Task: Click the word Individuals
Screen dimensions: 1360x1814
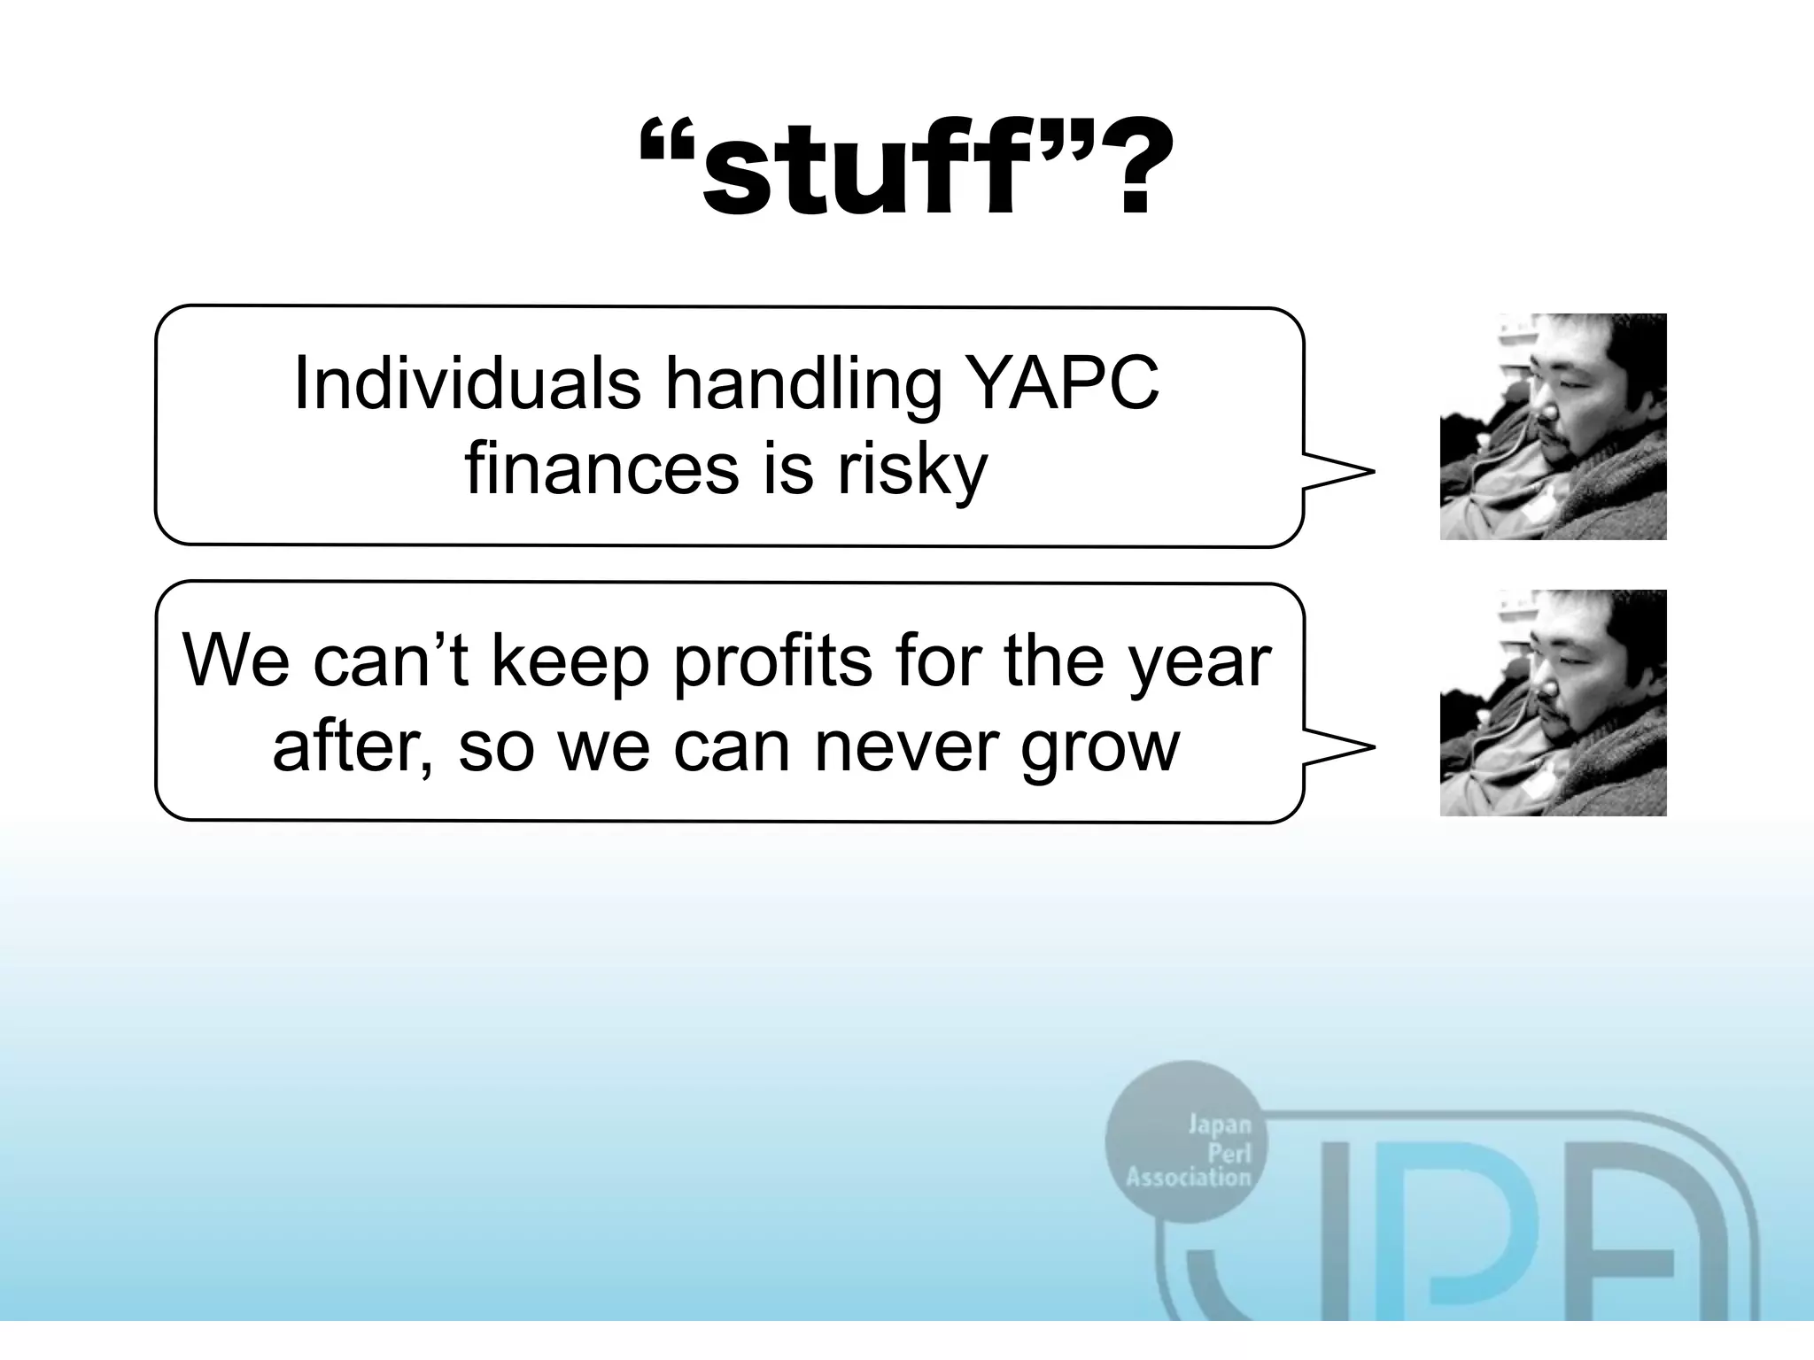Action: (x=467, y=383)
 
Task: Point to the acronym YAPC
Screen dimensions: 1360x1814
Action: (x=1063, y=383)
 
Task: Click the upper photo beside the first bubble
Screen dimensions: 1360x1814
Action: (x=1553, y=427)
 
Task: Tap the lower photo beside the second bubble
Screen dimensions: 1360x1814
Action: (x=1553, y=703)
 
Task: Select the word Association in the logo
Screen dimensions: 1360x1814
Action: (x=1188, y=1178)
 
